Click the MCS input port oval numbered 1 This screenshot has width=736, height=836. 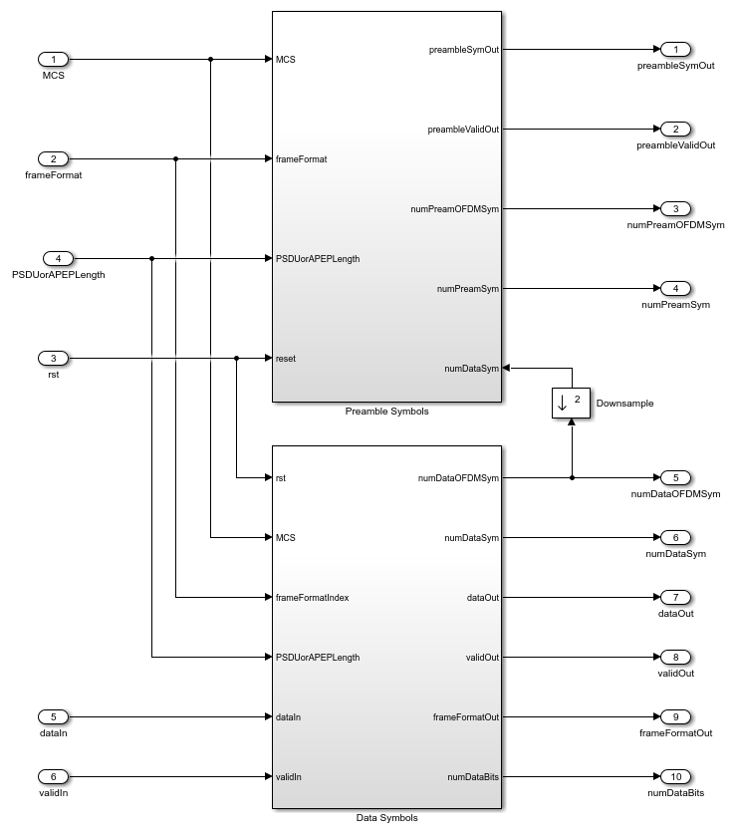(54, 59)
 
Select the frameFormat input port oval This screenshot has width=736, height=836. (54, 158)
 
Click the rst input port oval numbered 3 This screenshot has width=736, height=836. (54, 358)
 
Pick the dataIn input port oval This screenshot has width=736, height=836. (54, 716)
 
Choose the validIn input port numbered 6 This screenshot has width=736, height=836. (54, 776)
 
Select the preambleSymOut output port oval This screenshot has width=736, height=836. (675, 49)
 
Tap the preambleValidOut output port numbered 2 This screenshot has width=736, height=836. (675, 129)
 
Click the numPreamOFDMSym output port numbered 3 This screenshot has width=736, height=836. (675, 208)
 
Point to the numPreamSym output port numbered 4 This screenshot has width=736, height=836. (675, 288)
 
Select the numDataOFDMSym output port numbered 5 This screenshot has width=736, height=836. (675, 477)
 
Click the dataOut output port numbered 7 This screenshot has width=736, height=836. (675, 597)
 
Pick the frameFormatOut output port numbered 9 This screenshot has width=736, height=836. (675, 716)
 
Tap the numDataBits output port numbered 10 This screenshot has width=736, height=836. (675, 776)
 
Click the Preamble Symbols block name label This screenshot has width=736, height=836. (386, 411)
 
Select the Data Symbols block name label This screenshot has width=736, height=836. (386, 818)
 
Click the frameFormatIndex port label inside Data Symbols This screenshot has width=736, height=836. (312, 597)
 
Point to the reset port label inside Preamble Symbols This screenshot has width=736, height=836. (286, 358)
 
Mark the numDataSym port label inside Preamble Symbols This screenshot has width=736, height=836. (472, 368)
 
